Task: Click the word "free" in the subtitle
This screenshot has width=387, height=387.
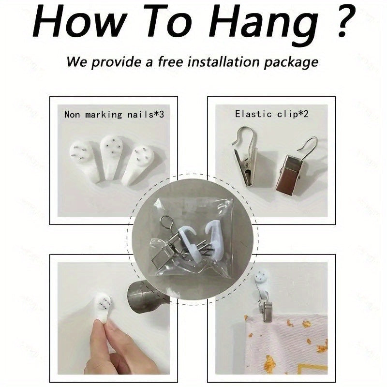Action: [x=170, y=61]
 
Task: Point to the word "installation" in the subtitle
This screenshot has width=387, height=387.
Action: [x=223, y=61]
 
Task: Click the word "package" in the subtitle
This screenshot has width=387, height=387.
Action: [x=291, y=63]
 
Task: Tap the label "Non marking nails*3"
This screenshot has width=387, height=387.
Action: [x=114, y=115]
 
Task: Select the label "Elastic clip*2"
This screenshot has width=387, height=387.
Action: [x=272, y=114]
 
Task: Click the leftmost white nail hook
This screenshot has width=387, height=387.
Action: [x=84, y=161]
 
